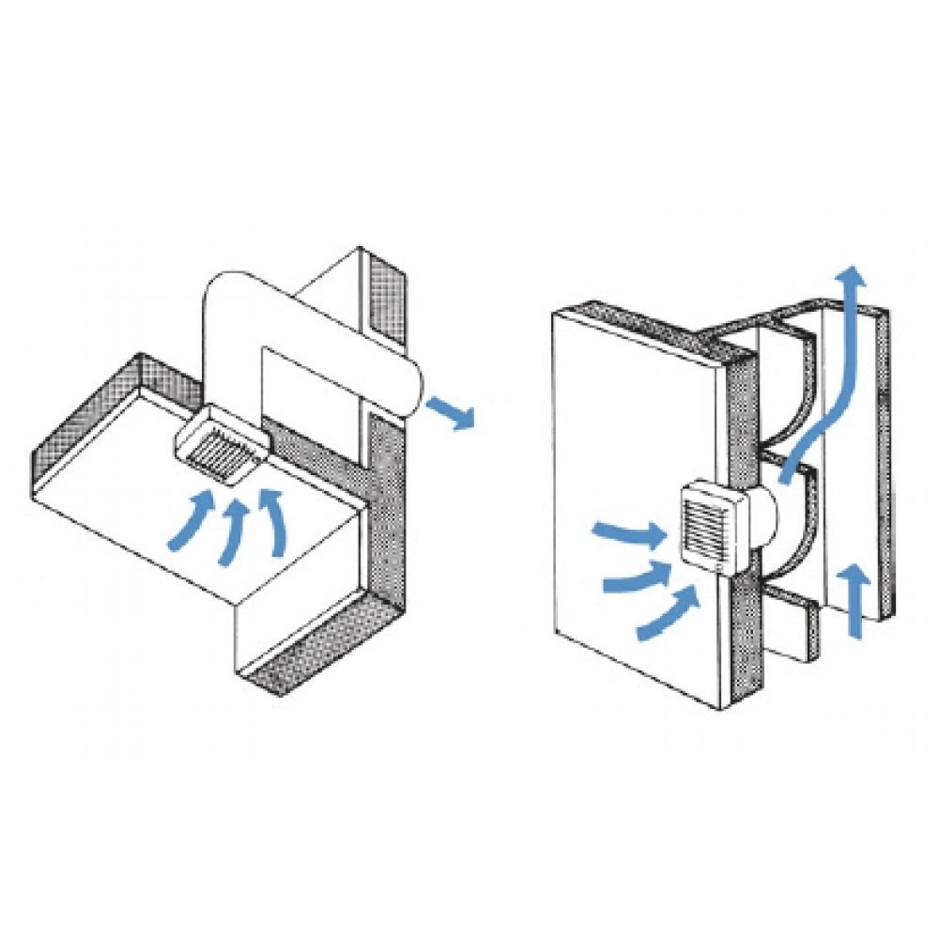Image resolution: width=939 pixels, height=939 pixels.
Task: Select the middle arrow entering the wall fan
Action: coord(639,576)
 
